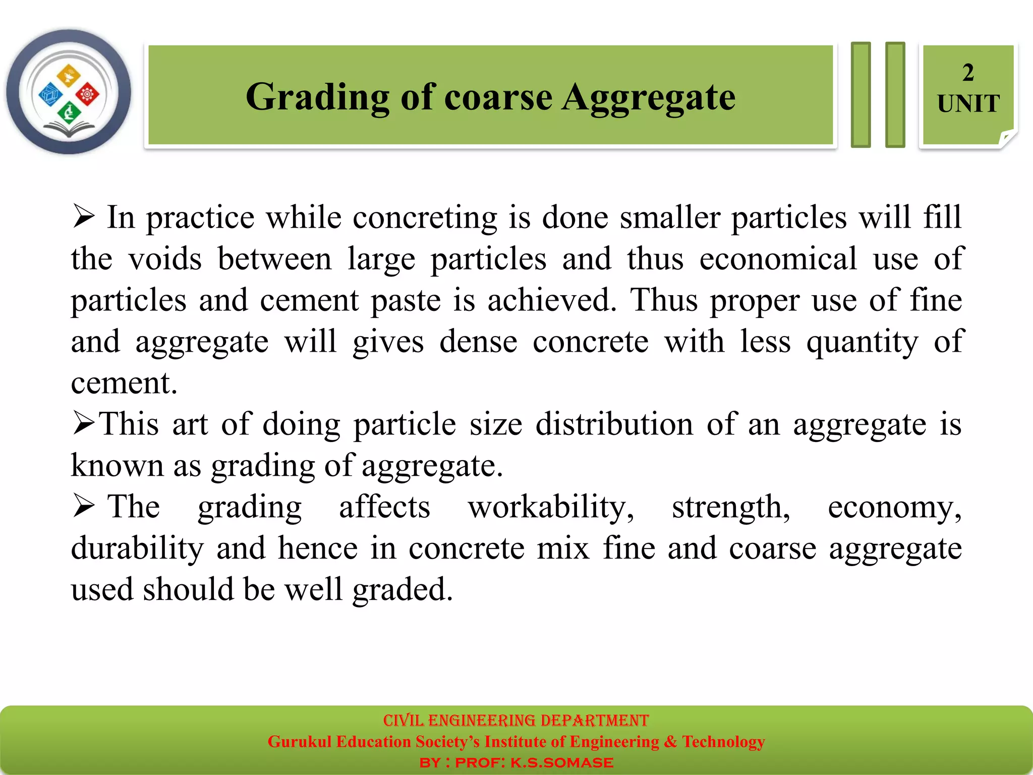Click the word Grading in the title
coord(317,97)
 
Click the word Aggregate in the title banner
coord(649,97)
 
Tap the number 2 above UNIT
coord(967,73)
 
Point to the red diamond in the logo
coord(87,94)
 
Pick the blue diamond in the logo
coord(50,94)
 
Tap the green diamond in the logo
coord(69,112)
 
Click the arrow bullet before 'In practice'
coord(83,216)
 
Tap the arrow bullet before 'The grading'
coord(83,506)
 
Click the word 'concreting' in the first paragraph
coord(425,218)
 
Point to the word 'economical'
coord(778,259)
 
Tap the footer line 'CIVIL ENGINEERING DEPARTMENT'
coord(515,720)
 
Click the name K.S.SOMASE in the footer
coord(562,762)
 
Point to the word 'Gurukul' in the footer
coord(299,742)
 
